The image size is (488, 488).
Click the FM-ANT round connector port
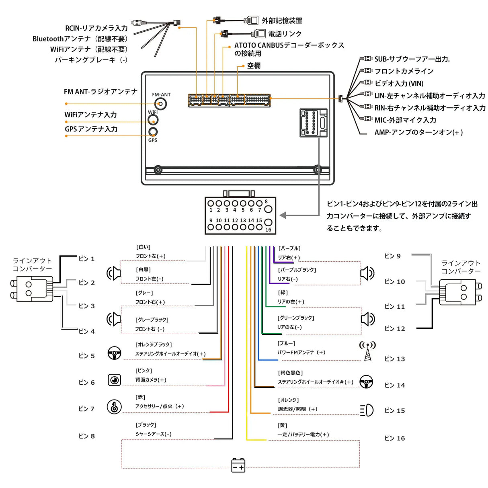tap(161, 104)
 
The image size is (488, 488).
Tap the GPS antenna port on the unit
tap(153, 132)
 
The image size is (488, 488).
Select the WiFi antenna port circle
tap(153, 120)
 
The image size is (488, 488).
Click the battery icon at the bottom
tap(238, 465)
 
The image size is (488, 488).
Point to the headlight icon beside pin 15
tap(367, 410)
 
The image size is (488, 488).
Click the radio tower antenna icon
tap(367, 351)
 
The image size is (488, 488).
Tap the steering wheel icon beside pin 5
tap(115, 353)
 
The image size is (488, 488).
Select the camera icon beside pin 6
tap(115, 380)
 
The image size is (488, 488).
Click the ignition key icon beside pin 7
tap(114, 407)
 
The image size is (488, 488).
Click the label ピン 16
tap(394, 438)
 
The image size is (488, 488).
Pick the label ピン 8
tap(86, 436)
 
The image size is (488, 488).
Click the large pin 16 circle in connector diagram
tap(268, 222)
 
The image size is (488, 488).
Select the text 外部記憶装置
tap(282, 21)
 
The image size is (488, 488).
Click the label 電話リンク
tap(285, 34)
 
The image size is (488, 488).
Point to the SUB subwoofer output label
tap(412, 59)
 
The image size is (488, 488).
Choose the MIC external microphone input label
tap(405, 120)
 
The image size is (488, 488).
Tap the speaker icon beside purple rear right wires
tap(367, 273)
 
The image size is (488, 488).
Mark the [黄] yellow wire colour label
tap(282, 425)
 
